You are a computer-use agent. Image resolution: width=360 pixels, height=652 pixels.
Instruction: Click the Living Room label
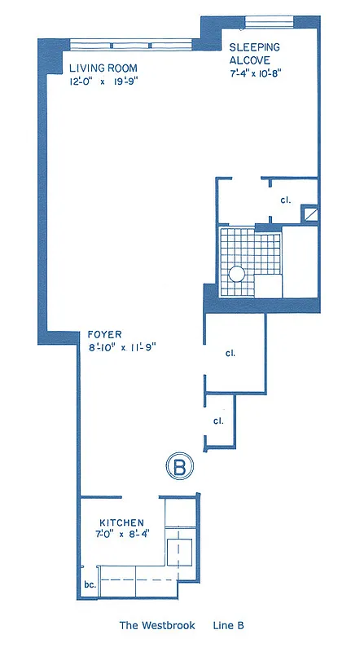click(103, 68)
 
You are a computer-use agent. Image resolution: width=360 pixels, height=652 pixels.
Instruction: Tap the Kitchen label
click(122, 522)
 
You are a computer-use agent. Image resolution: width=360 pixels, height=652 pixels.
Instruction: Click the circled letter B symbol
click(181, 467)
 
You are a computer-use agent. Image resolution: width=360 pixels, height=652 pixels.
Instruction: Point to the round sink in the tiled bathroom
click(237, 275)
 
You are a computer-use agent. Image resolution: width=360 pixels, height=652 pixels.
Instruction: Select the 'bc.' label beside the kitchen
click(90, 584)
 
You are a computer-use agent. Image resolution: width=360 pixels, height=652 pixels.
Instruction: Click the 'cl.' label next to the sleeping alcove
click(286, 200)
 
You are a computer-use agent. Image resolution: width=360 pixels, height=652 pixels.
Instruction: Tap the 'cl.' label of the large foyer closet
click(230, 354)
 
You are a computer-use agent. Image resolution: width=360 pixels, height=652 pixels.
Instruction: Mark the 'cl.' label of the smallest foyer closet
click(218, 421)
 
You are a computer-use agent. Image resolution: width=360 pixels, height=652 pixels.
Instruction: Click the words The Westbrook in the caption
click(156, 626)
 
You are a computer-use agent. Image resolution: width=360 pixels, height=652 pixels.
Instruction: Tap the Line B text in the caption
click(229, 626)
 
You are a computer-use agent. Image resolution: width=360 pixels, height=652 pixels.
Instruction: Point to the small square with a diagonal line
click(310, 214)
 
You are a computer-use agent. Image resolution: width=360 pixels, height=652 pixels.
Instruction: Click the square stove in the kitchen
click(179, 552)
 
